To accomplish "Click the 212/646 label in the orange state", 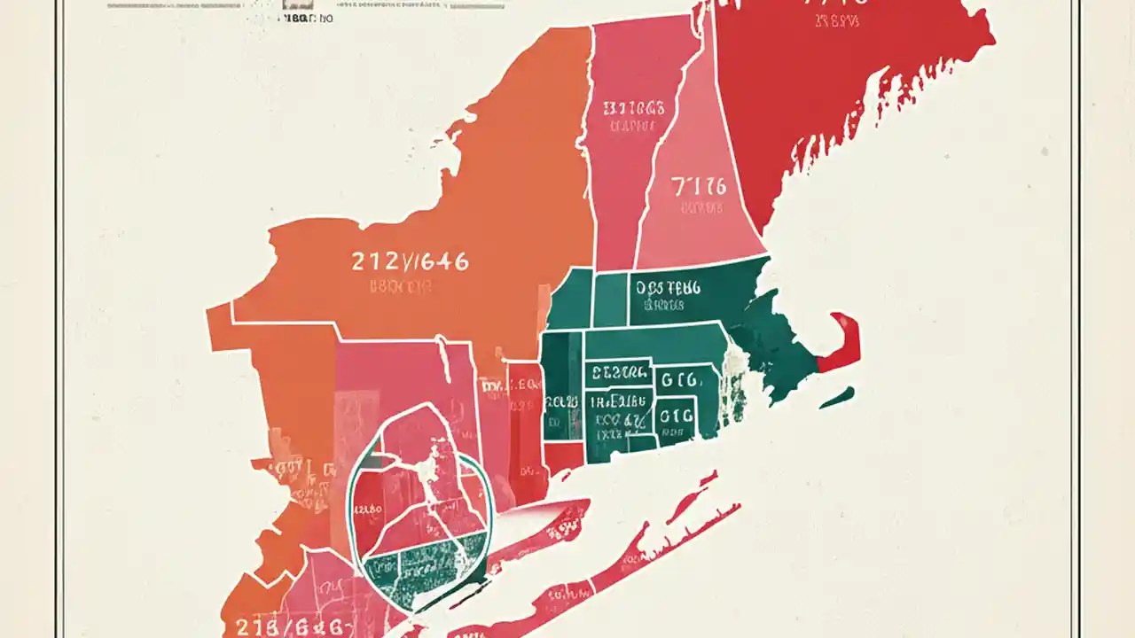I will pos(410,261).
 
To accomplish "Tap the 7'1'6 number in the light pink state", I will pos(698,186).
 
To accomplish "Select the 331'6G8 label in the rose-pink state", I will pos(633,109).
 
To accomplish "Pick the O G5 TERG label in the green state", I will pos(667,288).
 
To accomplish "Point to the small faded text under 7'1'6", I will pos(701,209).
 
